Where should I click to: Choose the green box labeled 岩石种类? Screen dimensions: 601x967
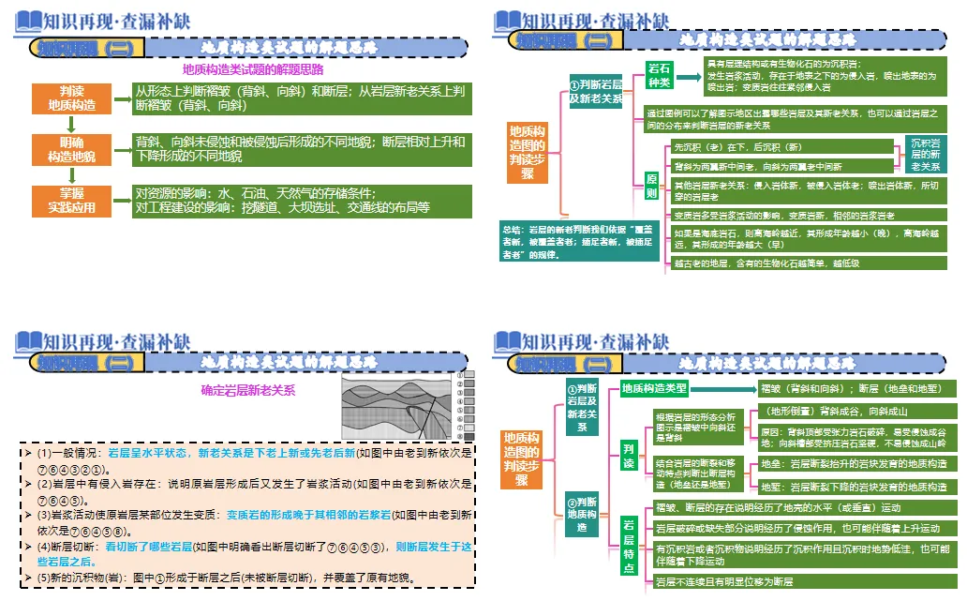(x=660, y=76)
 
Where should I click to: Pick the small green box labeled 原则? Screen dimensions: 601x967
(x=652, y=185)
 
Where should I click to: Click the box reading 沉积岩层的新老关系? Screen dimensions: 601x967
(x=926, y=154)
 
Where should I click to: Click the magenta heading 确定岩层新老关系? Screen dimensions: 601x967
(x=248, y=390)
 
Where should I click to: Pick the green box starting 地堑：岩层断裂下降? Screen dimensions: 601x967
(x=855, y=487)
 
